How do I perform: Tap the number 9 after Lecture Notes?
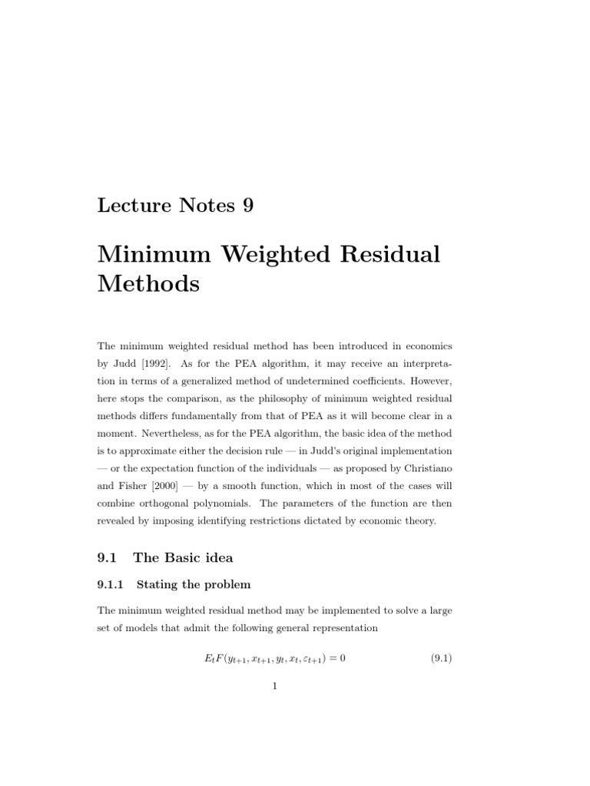click(247, 205)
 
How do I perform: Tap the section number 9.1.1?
click(112, 584)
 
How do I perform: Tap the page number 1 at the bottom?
click(274, 686)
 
